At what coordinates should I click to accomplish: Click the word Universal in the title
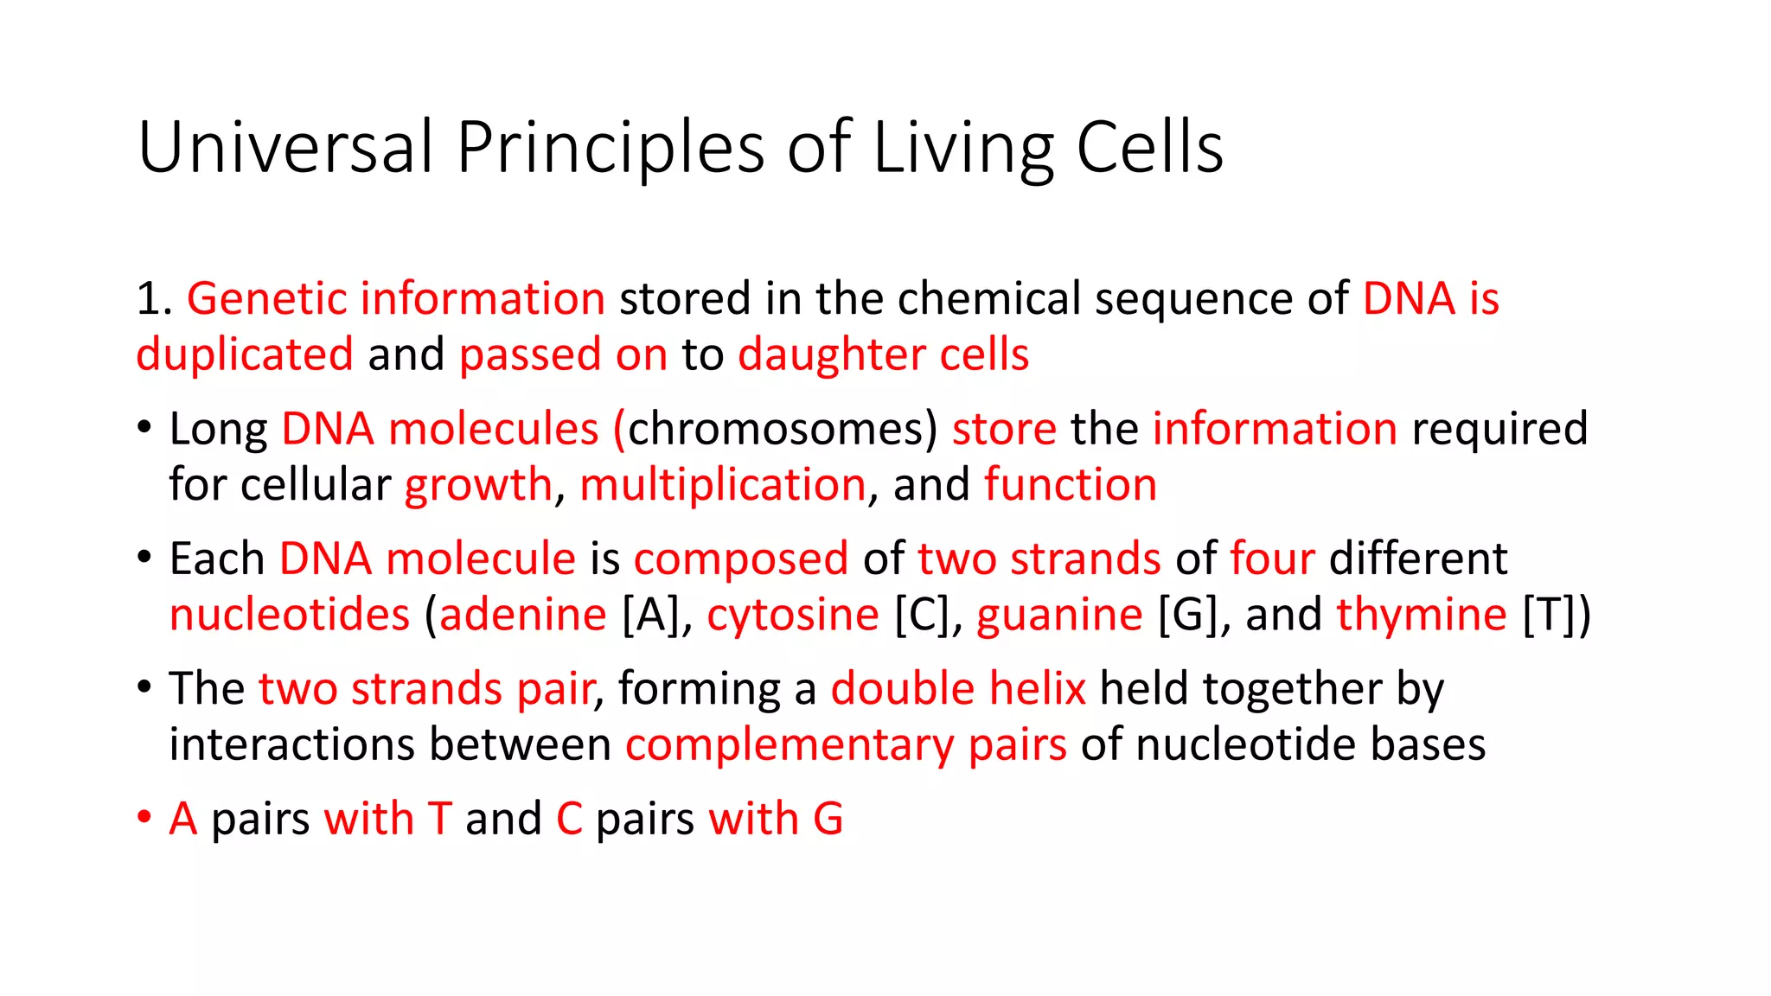point(285,147)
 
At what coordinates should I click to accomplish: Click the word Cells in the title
point(1149,147)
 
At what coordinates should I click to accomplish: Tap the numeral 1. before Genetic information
point(155,299)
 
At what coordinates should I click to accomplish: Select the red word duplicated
point(245,354)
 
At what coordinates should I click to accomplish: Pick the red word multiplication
point(722,485)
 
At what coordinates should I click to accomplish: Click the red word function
point(1070,485)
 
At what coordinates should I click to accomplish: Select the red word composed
point(740,560)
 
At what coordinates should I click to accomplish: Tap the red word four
point(1272,559)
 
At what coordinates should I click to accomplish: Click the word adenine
point(523,616)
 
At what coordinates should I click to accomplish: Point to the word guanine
point(1059,616)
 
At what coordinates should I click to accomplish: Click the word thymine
point(1421,616)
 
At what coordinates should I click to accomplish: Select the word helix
point(1037,689)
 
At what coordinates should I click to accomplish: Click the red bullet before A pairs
point(144,818)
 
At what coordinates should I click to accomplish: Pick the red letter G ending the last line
point(828,819)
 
